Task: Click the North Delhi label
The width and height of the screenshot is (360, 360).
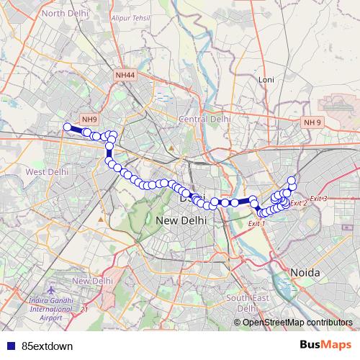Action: click(x=63, y=13)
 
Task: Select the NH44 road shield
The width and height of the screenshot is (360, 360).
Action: click(x=125, y=74)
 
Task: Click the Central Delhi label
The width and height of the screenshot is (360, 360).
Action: click(x=204, y=119)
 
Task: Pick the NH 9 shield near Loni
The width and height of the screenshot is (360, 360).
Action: click(x=312, y=122)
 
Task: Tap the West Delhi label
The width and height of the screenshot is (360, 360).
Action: click(x=47, y=172)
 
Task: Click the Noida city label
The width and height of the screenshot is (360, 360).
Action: click(x=307, y=271)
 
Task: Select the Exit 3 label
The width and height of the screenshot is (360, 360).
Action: click(x=318, y=199)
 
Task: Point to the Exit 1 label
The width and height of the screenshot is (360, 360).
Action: click(x=256, y=224)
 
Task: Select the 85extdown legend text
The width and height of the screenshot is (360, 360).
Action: click(x=48, y=346)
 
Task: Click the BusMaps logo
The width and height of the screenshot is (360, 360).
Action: click(x=326, y=345)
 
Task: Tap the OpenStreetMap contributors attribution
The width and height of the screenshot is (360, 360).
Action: click(x=297, y=323)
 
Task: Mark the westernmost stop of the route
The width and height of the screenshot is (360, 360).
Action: click(x=67, y=127)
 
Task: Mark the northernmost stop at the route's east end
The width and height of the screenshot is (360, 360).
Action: click(x=292, y=180)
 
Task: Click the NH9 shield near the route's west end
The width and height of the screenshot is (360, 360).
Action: click(x=89, y=120)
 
